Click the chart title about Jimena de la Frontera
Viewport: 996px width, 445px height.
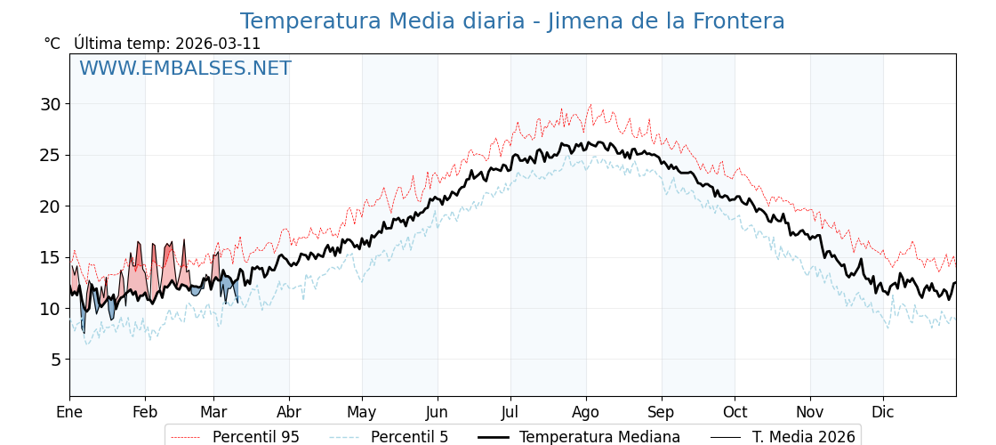512,21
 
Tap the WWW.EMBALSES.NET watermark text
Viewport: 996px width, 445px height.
185,69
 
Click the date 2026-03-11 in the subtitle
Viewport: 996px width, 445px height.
218,44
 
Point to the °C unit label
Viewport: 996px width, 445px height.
52,44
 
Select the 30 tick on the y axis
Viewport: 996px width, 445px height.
51,104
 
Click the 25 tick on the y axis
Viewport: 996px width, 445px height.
51,155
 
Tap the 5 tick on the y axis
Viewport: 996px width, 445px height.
56,360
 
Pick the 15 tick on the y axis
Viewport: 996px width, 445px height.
51,257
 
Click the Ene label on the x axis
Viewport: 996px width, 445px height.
69,412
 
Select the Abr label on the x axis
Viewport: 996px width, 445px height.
289,412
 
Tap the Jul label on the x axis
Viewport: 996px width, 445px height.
510,412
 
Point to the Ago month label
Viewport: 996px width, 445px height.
586,412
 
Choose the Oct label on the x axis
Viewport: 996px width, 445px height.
735,412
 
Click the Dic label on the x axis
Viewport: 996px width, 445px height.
883,412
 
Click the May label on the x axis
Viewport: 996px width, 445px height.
362,412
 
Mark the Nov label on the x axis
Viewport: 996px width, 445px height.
810,412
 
